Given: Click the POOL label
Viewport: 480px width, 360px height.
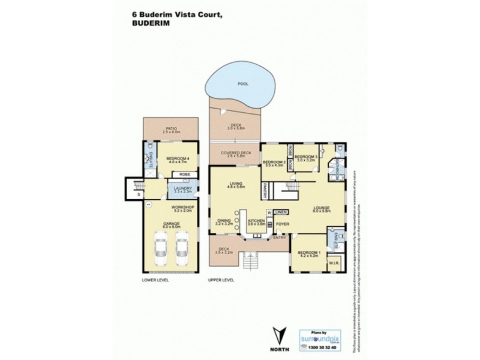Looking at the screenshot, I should click(x=242, y=84).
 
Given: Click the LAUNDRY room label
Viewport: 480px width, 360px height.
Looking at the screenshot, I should click(x=182, y=189).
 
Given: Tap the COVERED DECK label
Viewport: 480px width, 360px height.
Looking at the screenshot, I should click(x=235, y=154).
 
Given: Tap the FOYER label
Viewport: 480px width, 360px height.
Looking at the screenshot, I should click(x=283, y=224).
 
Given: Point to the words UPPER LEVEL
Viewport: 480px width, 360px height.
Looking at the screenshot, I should click(x=220, y=280).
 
